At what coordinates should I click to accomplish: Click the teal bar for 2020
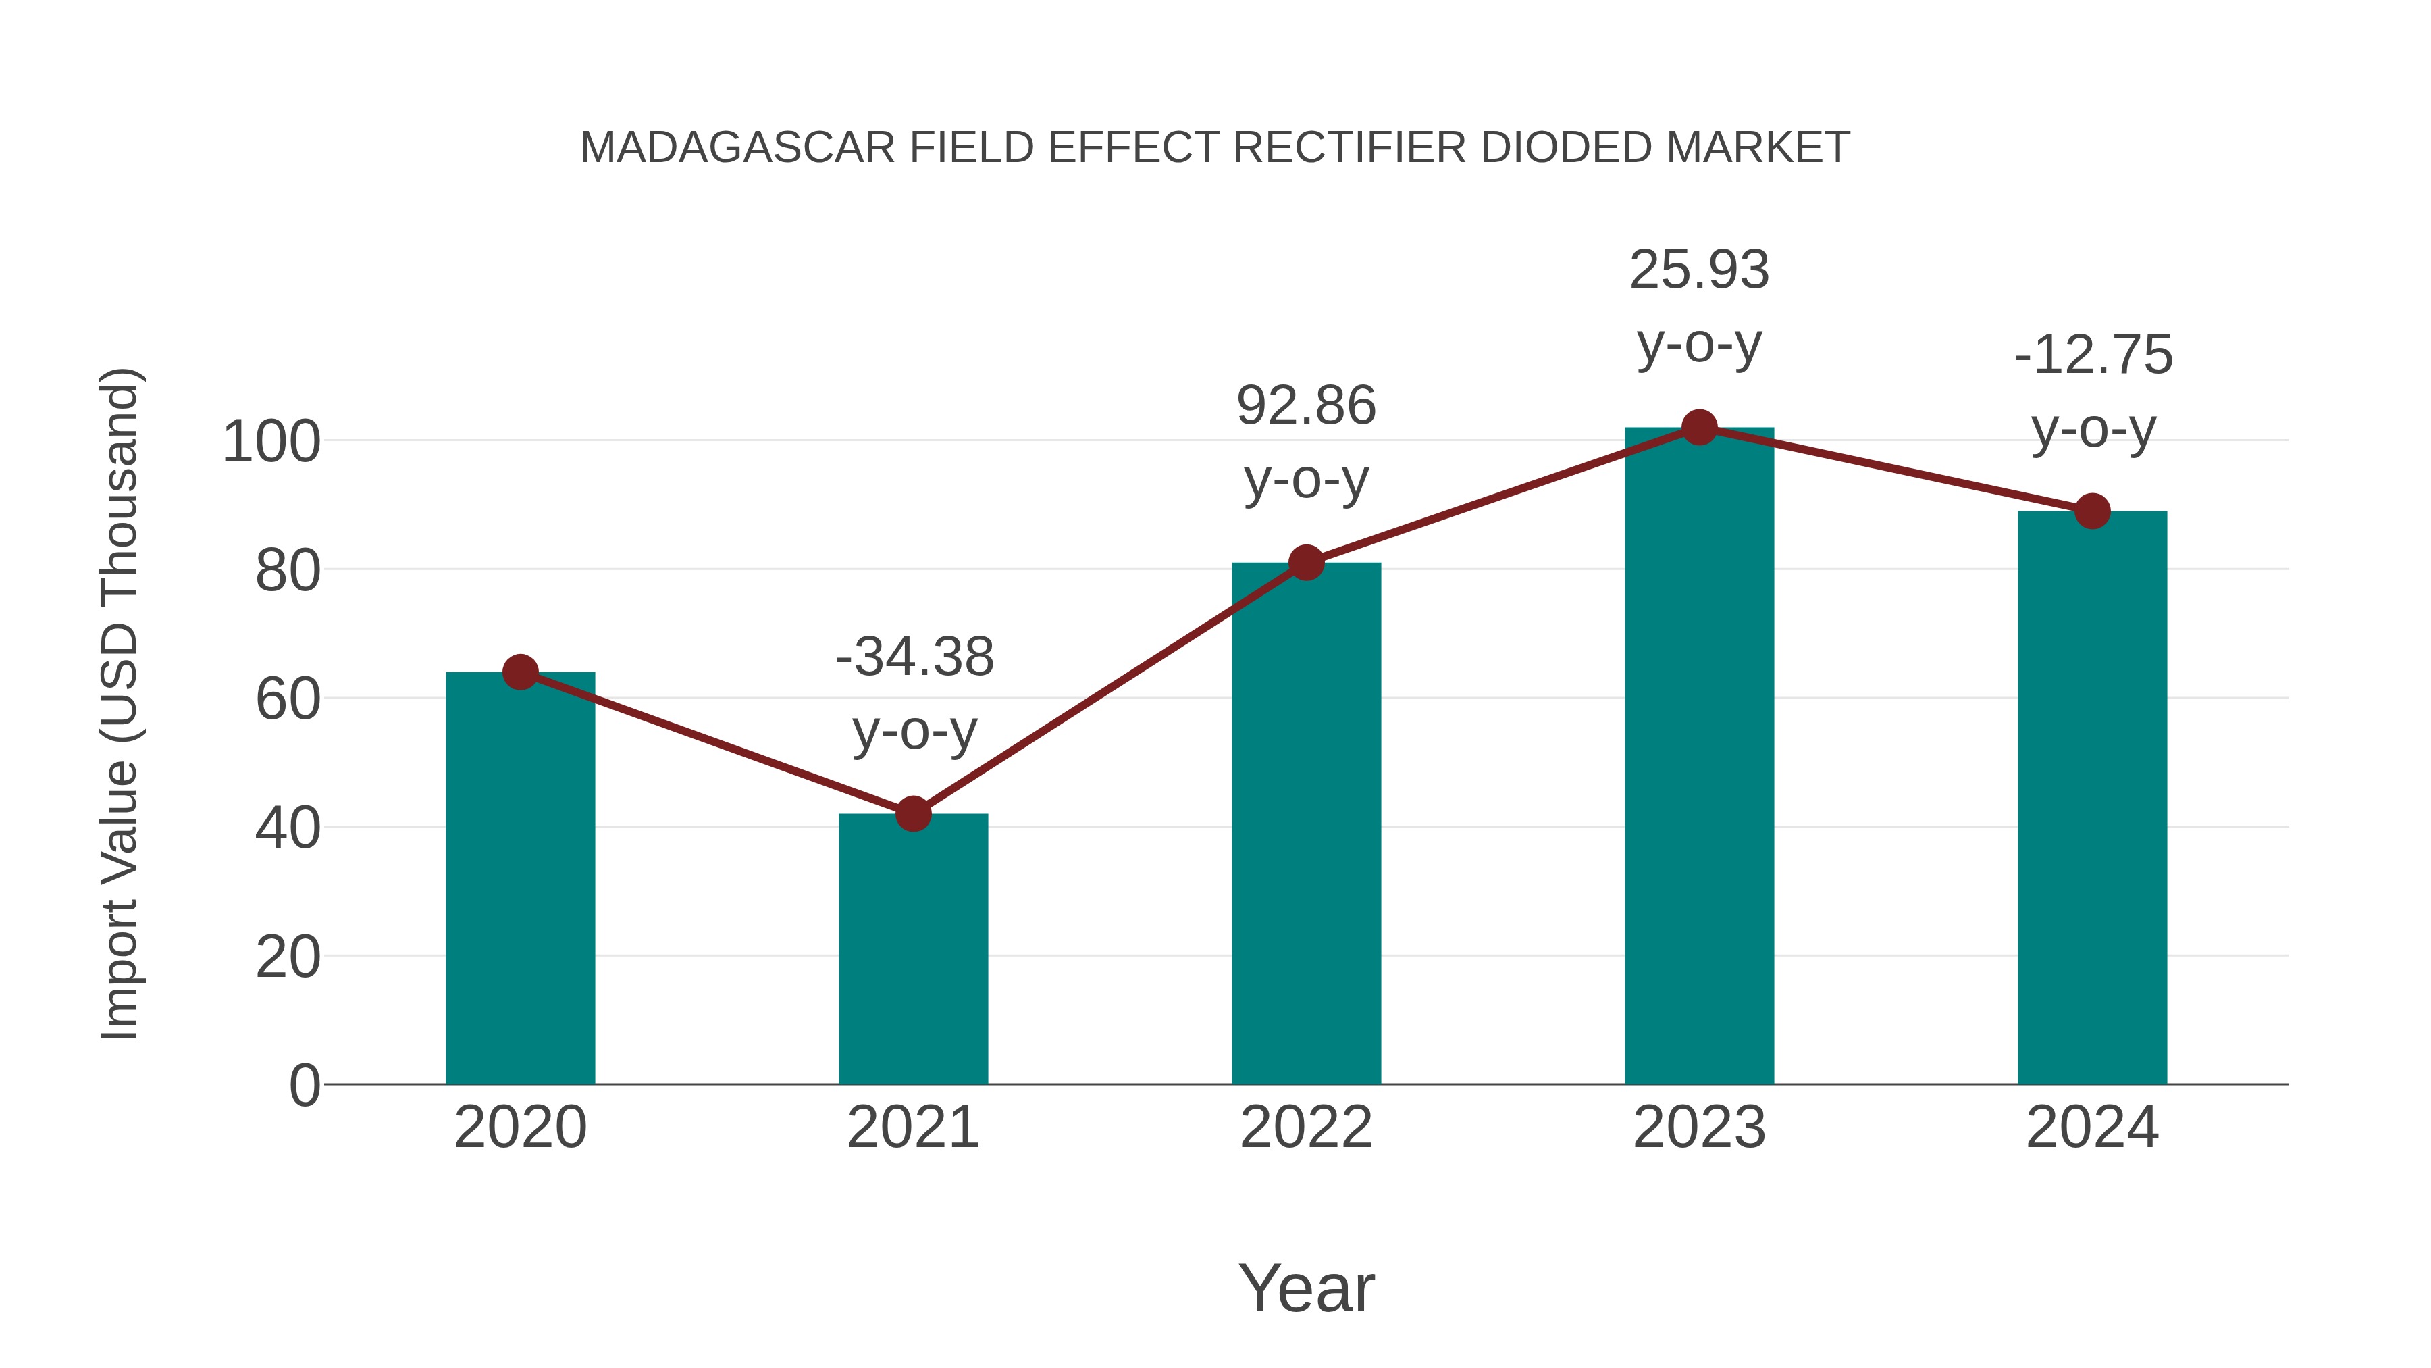tap(520, 878)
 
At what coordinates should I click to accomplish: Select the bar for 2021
tap(912, 949)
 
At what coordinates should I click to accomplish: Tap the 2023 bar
tap(1699, 755)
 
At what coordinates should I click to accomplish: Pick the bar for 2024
tap(2091, 798)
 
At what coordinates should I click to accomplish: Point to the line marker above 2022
tap(1306, 563)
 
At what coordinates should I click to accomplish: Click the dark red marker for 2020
tap(520, 672)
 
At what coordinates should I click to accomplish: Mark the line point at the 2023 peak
tap(1699, 428)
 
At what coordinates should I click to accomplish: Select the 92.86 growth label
tap(1306, 406)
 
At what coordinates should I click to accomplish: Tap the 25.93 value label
tap(1699, 270)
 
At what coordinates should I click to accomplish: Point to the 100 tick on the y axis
tap(271, 442)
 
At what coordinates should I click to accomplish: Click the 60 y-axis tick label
tap(287, 700)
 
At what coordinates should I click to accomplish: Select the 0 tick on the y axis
tap(304, 1086)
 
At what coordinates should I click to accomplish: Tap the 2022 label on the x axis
tap(1306, 1128)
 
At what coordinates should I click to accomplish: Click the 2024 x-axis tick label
tap(2091, 1128)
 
